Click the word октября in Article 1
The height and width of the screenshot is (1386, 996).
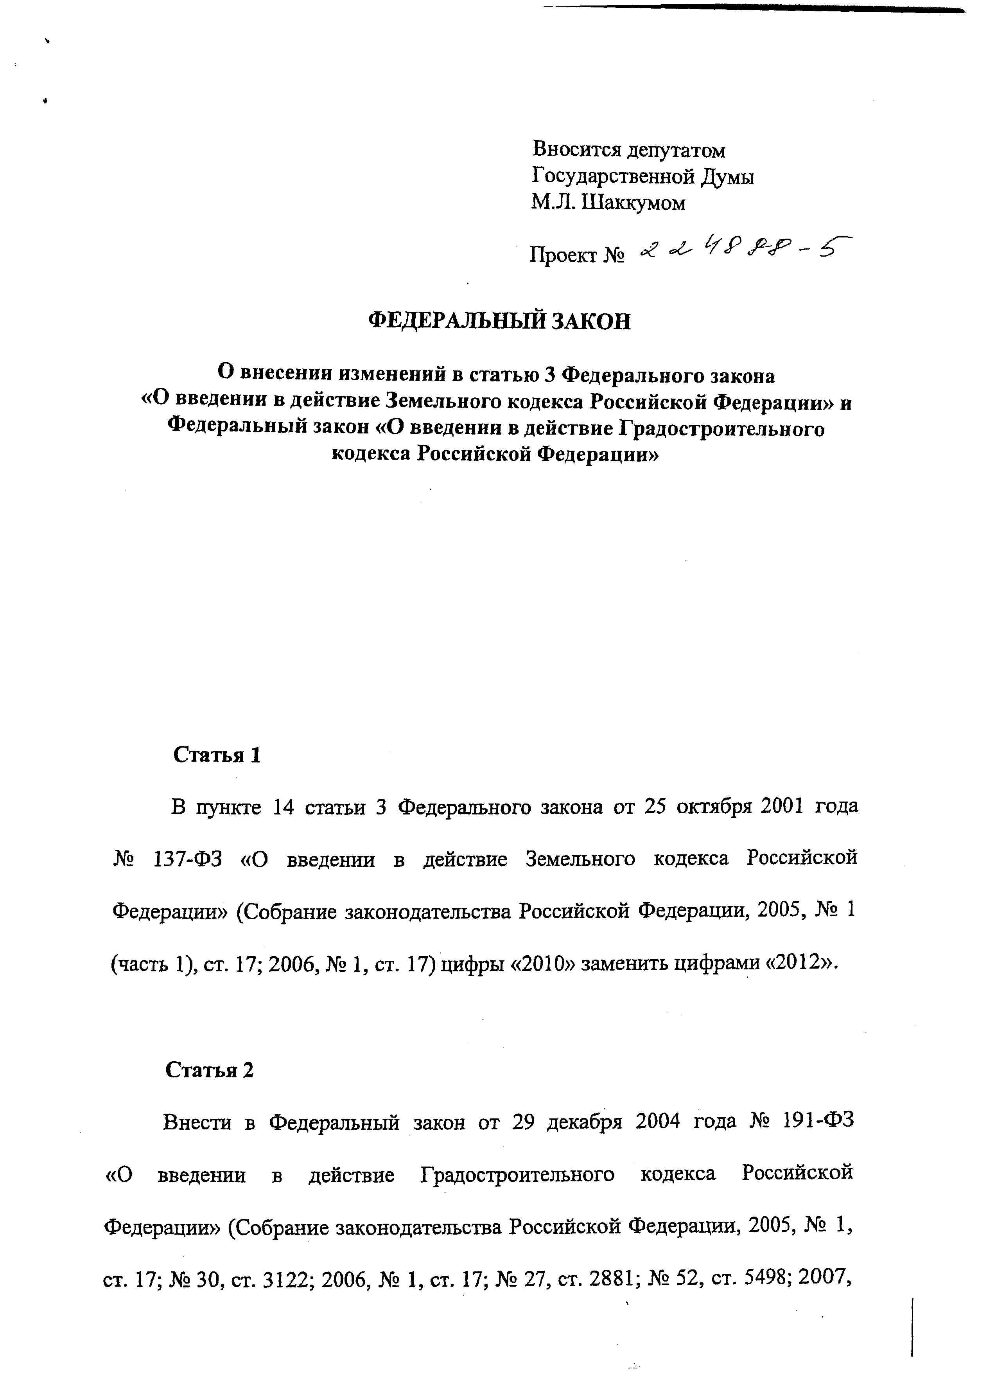(710, 807)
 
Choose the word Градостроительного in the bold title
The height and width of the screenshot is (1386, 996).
(722, 429)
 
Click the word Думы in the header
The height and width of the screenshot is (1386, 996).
(727, 176)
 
